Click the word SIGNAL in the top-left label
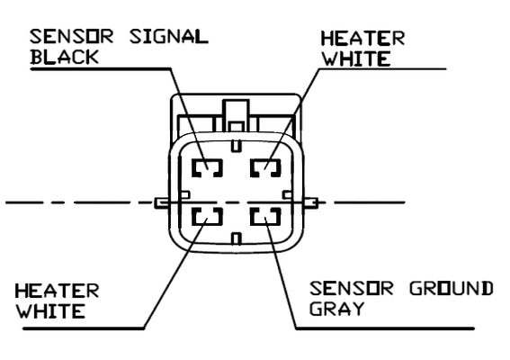169,37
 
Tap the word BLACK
65,57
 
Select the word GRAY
336,309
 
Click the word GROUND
452,288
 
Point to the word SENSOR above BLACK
72,37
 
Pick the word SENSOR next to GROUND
352,288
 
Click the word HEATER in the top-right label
362,39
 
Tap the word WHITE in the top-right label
356,58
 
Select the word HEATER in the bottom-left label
57,291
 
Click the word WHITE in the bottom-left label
50,311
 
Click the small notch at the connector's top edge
237,146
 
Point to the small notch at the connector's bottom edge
237,238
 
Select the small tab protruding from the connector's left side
162,203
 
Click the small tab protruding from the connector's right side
311,203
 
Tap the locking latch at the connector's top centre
237,116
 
